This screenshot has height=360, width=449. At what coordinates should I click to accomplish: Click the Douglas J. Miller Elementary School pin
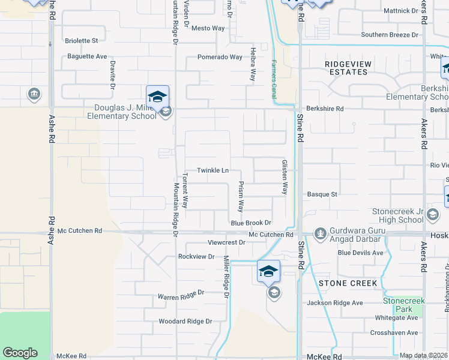(157, 98)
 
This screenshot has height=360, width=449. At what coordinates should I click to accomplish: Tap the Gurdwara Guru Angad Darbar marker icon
(320, 232)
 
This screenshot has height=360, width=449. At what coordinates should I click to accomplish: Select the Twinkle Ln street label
(212, 170)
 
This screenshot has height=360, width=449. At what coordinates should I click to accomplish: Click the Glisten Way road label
(285, 177)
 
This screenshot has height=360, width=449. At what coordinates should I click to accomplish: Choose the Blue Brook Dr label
(252, 223)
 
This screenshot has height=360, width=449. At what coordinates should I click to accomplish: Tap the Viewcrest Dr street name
(226, 242)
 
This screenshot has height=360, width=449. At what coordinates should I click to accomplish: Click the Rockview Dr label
(196, 256)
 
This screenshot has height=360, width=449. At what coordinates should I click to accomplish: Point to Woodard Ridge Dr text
(185, 322)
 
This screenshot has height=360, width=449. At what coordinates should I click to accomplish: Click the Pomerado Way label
(220, 58)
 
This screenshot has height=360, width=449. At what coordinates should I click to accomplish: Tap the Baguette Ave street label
(88, 56)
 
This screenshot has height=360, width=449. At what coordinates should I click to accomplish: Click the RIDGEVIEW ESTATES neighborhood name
(348, 68)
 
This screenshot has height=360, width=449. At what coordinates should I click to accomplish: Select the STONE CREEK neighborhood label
(348, 283)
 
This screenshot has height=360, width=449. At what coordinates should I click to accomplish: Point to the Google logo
(20, 353)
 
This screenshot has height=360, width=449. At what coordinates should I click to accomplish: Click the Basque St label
(323, 194)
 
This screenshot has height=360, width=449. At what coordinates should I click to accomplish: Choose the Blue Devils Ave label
(360, 253)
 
